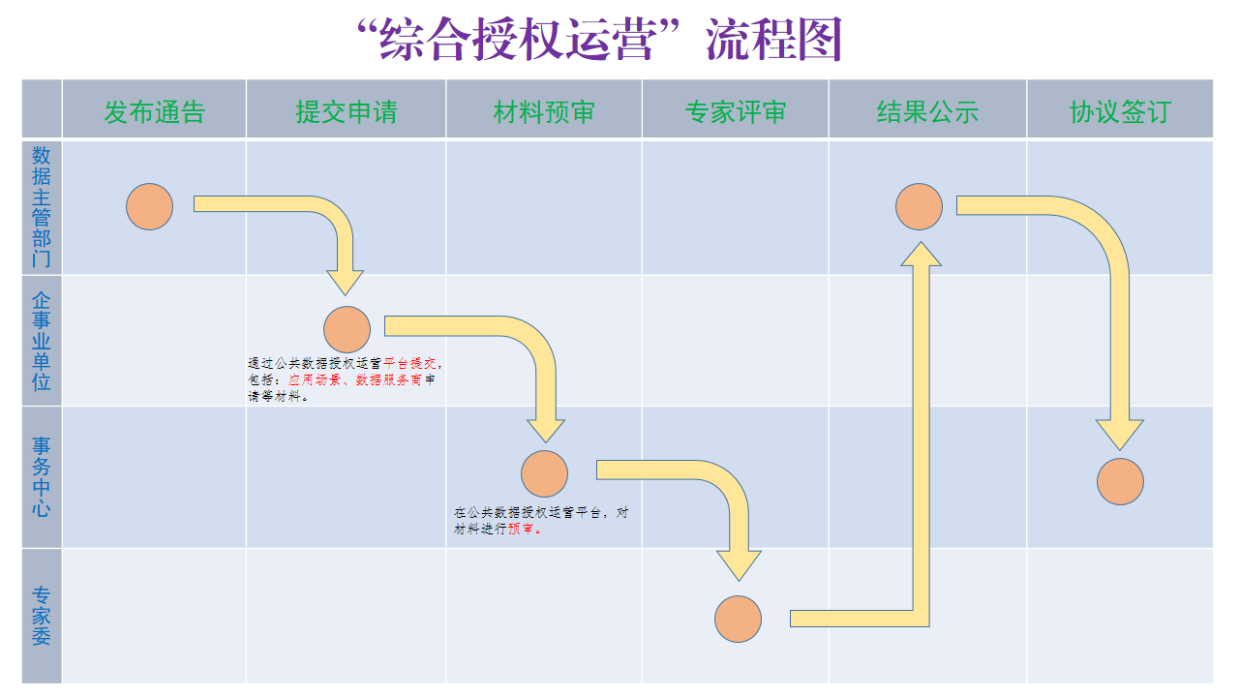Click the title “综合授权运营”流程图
(x=600, y=41)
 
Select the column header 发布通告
(x=155, y=112)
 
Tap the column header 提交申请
(x=346, y=112)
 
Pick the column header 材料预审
(x=544, y=112)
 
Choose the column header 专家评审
(x=735, y=112)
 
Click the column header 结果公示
(x=927, y=112)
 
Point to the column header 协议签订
(x=1119, y=112)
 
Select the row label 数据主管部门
(x=42, y=206)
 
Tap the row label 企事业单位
(x=42, y=340)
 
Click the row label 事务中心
(x=42, y=476)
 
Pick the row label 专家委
(x=42, y=616)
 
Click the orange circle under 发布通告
(x=150, y=206)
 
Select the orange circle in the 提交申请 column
(x=348, y=329)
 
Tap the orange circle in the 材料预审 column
(x=544, y=474)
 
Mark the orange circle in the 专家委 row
(x=739, y=619)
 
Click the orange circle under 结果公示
(x=919, y=206)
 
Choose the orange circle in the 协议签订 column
(x=1120, y=481)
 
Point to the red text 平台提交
(x=410, y=363)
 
